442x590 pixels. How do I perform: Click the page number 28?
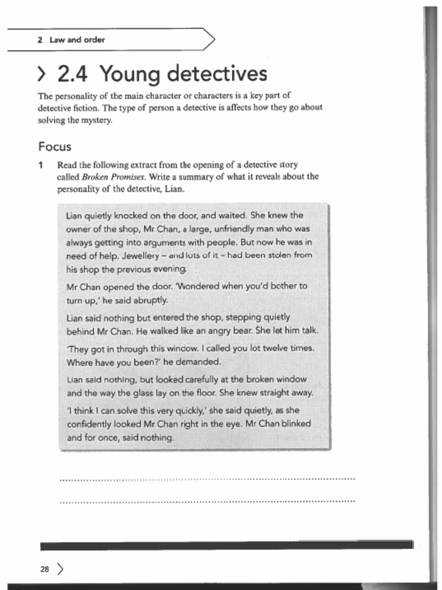(x=44, y=569)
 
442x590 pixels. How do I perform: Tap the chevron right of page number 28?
(x=60, y=569)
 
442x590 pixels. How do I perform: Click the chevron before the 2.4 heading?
(x=42, y=74)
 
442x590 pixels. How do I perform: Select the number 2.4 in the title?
(x=72, y=74)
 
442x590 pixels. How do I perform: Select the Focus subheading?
(x=55, y=146)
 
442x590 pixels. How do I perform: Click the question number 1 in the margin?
(x=41, y=165)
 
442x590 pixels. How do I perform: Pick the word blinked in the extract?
(x=296, y=423)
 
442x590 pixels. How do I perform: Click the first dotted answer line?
(x=207, y=479)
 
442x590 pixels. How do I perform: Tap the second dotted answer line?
(x=207, y=502)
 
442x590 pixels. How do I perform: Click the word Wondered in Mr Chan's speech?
(x=195, y=286)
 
